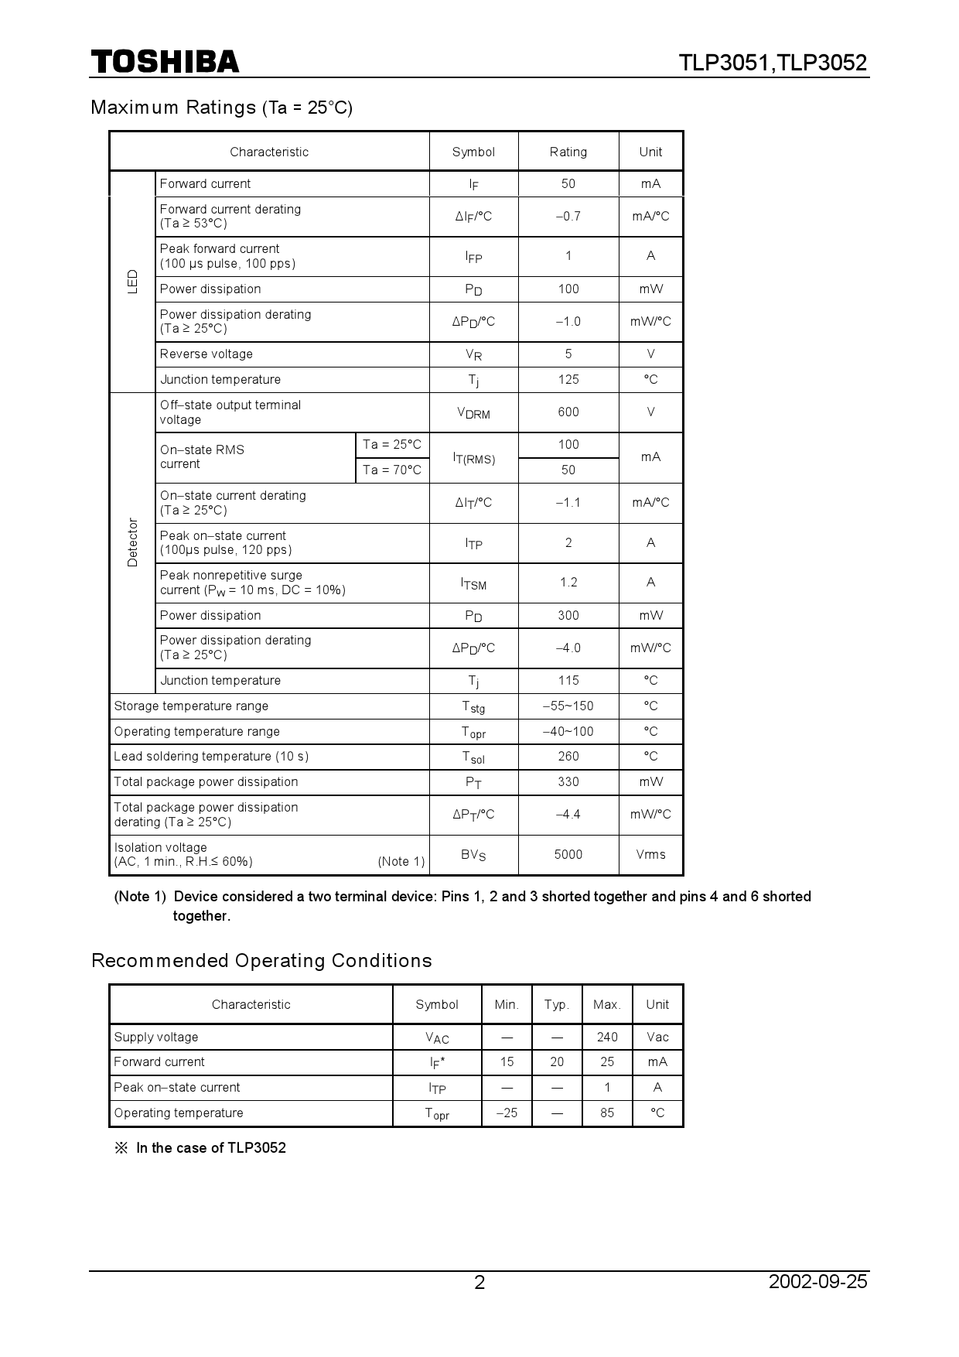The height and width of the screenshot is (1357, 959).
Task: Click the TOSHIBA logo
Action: point(165,62)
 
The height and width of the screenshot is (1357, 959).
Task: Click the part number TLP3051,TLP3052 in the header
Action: point(773,63)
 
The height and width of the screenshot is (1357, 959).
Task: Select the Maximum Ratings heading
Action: point(221,107)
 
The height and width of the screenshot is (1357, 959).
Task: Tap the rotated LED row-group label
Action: point(132,281)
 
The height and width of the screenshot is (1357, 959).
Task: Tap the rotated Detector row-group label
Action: point(132,542)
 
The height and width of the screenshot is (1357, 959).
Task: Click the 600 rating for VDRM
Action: point(568,412)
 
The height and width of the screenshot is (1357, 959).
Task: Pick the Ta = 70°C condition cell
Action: point(391,470)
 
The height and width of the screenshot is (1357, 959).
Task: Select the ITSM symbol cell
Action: point(473,583)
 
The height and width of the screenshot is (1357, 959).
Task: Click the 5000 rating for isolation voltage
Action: point(568,854)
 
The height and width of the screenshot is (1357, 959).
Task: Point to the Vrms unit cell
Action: point(650,854)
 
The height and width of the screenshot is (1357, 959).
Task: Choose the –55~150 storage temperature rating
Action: point(568,706)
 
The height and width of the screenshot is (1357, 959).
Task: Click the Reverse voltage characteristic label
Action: point(206,354)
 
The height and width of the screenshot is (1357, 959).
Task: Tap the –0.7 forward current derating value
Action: point(568,216)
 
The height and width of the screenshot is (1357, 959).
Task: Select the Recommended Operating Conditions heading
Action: point(261,960)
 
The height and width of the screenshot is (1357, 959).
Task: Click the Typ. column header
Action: point(556,1004)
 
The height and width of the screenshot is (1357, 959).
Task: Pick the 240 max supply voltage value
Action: point(607,1037)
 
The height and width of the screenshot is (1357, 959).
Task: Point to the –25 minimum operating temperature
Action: point(506,1113)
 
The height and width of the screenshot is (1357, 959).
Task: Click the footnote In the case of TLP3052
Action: point(210,1147)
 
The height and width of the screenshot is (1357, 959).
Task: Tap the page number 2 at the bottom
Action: point(479,1283)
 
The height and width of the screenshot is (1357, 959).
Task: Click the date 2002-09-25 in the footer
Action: point(817,1281)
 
